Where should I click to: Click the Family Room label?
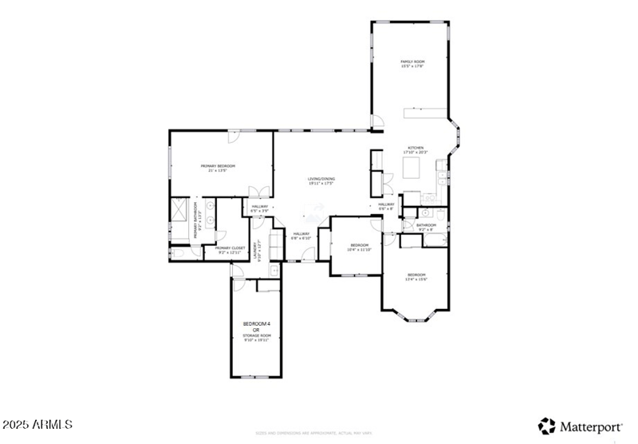click(x=412, y=64)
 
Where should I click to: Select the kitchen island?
click(x=412, y=168)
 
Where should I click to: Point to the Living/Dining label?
click(x=321, y=180)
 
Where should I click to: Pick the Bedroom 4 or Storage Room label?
click(x=257, y=329)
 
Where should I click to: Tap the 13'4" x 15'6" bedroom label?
click(x=416, y=276)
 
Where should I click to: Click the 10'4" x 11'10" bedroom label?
click(x=359, y=247)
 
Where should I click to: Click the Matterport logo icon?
click(x=547, y=426)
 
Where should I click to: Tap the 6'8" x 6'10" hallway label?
click(x=300, y=236)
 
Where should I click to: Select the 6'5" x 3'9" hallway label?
click(x=260, y=208)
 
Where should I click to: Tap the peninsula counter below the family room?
click(x=427, y=113)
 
